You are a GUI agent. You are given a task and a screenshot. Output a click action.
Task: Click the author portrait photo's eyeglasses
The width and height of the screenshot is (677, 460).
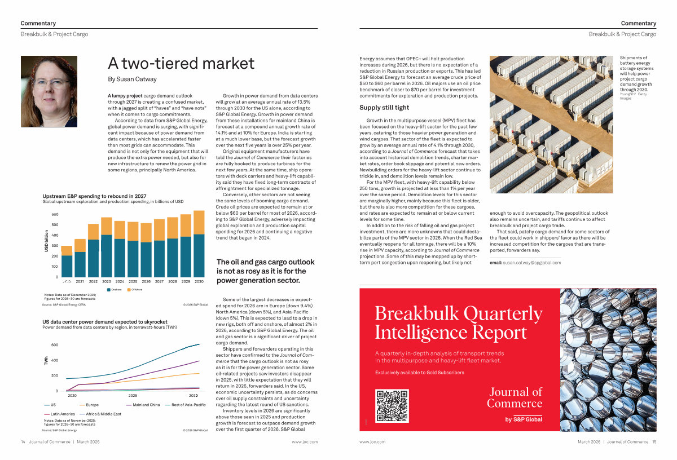click(x=51, y=82)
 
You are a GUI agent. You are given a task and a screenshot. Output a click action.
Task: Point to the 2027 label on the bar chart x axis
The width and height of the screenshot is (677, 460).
click(x=160, y=281)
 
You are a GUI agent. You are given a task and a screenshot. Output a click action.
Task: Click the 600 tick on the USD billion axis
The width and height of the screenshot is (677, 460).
click(x=55, y=215)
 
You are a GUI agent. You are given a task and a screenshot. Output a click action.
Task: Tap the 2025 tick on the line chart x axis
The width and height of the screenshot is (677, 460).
click(x=133, y=396)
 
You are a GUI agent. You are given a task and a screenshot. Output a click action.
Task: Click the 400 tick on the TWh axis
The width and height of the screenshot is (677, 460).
click(x=55, y=360)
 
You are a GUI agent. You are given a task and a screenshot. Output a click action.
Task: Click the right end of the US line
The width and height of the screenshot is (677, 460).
click(x=199, y=344)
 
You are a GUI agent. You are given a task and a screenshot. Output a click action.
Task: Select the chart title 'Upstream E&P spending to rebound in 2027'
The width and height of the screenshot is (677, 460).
click(x=94, y=196)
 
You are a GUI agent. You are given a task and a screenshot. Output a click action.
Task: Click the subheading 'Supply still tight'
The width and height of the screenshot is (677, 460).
click(x=384, y=108)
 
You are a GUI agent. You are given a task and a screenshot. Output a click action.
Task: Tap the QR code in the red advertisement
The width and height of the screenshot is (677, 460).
click(x=392, y=406)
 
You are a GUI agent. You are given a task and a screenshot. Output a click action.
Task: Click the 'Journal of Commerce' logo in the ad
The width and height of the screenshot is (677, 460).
click(x=514, y=397)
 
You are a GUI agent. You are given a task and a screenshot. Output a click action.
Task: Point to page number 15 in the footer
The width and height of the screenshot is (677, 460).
click(x=653, y=442)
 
